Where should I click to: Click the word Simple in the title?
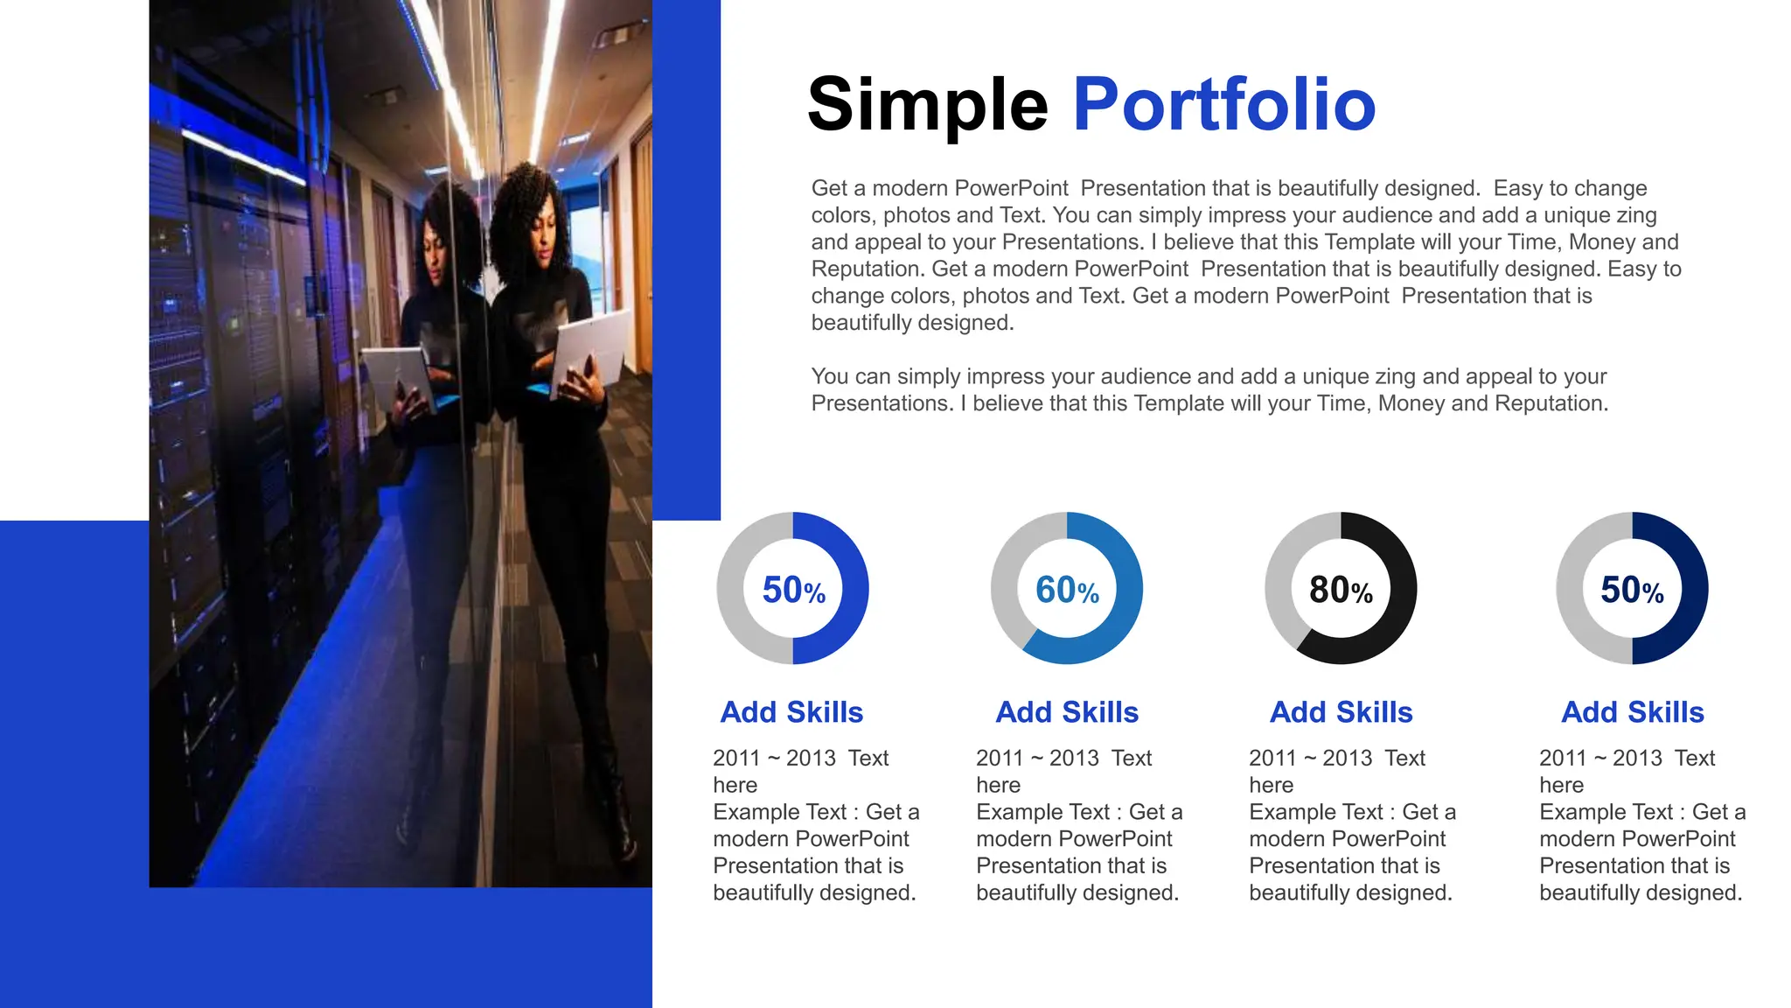(927, 105)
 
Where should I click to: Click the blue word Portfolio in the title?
(1223, 105)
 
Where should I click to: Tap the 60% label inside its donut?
(1067, 591)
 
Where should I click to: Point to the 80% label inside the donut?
(1341, 591)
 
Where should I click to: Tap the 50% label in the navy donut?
(1632, 591)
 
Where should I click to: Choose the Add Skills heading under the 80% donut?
(1341, 712)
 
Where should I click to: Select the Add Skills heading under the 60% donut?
(1067, 712)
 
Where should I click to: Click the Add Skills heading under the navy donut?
(1632, 712)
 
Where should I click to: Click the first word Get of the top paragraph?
(829, 188)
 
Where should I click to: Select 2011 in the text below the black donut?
(1272, 758)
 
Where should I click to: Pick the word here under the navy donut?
(1561, 785)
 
